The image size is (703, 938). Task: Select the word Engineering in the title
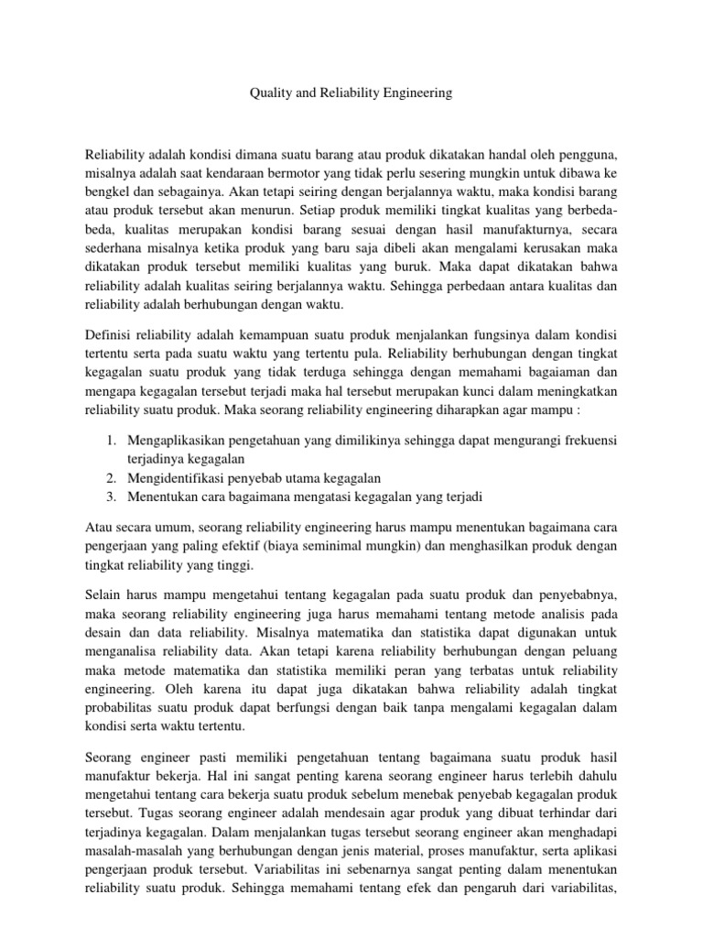coord(416,93)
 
